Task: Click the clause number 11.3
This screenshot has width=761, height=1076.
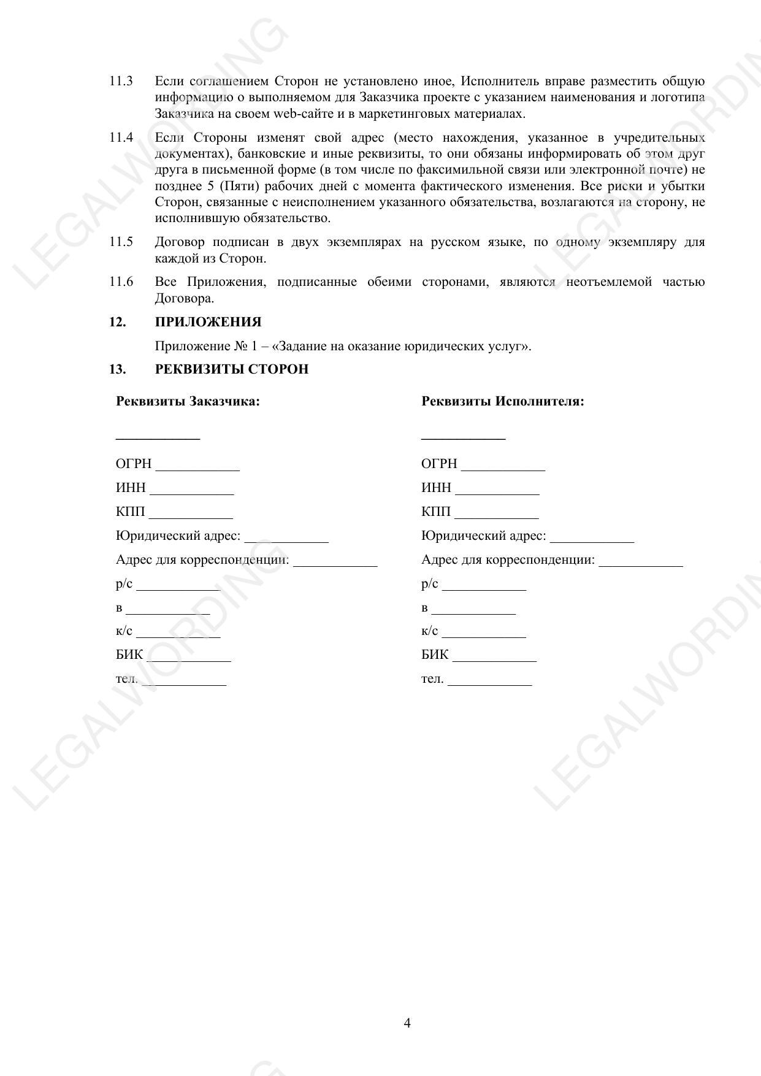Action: [x=121, y=81]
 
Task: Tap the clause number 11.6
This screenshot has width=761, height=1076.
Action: [x=121, y=282]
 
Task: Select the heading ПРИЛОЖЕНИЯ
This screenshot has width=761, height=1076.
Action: [x=208, y=322]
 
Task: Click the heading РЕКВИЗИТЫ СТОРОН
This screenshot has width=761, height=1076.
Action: [x=231, y=369]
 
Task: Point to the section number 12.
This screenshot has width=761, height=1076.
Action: [x=118, y=322]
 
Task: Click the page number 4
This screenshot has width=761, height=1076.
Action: [x=407, y=1023]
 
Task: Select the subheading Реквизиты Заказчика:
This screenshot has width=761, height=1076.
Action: [x=188, y=402]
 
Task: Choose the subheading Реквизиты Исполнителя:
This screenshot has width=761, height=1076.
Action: [x=502, y=402]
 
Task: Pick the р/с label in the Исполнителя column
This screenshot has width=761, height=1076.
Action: [x=429, y=584]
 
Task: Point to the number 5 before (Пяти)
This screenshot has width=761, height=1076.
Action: [x=212, y=186]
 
